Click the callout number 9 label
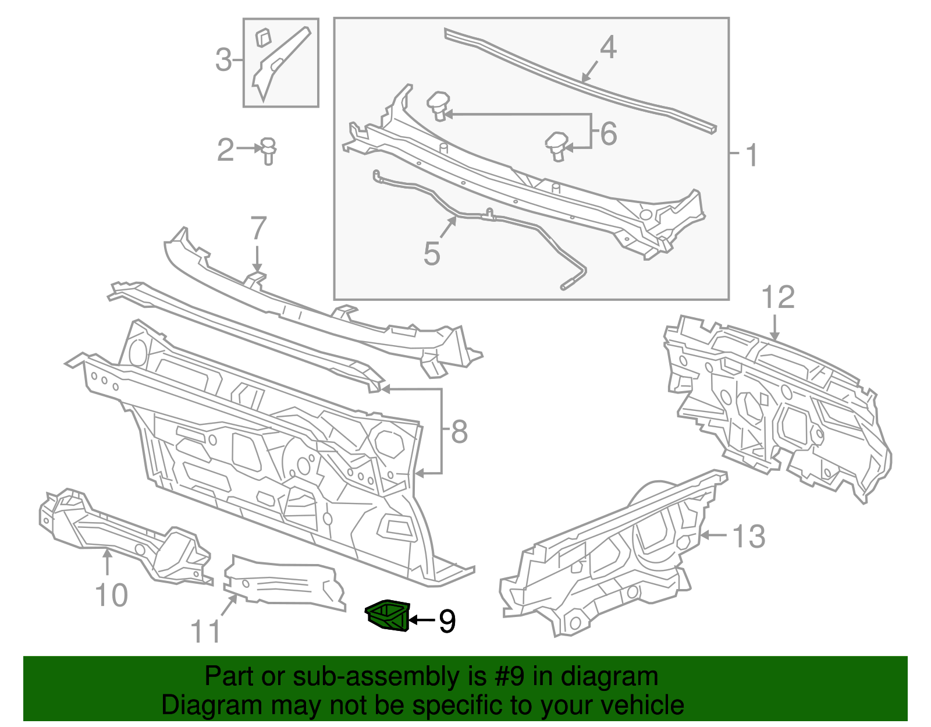[x=447, y=621]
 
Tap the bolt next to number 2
[x=268, y=150]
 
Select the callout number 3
[x=223, y=60]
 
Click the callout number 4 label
[x=608, y=47]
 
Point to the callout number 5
[x=431, y=254]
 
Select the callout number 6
[x=608, y=133]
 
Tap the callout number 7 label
[x=258, y=228]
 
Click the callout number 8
[x=459, y=432]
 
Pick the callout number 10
[x=111, y=595]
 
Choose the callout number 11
[x=206, y=631]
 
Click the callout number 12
[x=778, y=297]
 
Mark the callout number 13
[x=749, y=536]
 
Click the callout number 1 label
[x=752, y=155]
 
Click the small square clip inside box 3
[x=264, y=37]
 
